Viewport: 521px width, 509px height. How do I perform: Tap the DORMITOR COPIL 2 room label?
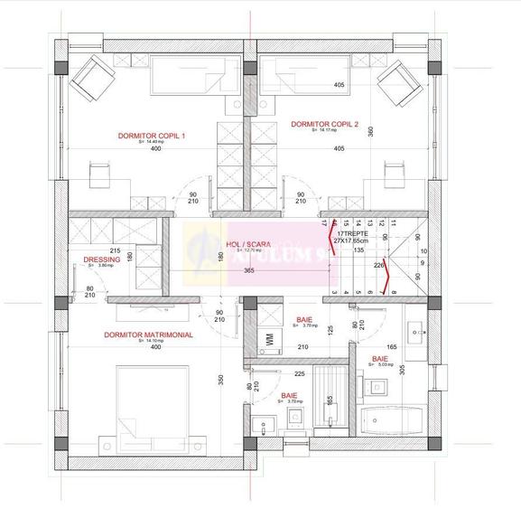pos(325,124)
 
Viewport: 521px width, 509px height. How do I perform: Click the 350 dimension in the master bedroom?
pos(220,380)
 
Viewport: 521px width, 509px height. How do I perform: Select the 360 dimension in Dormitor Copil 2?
pos(369,130)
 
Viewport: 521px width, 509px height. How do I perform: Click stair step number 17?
pos(322,221)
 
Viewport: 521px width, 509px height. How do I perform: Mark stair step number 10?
pos(423,251)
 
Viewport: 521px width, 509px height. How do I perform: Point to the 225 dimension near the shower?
pos(300,372)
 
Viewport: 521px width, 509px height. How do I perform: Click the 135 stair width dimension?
pos(358,250)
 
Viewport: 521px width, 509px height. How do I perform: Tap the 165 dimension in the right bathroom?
pos(392,346)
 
